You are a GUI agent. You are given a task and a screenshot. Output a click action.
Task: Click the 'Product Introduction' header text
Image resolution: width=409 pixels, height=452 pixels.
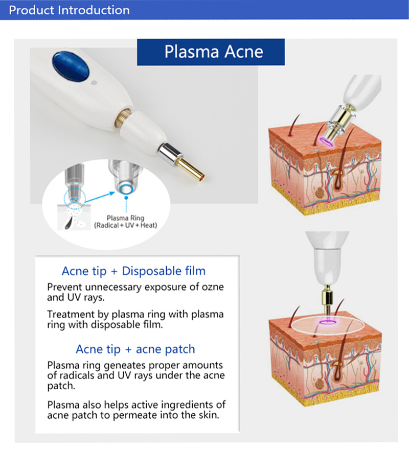(x=69, y=10)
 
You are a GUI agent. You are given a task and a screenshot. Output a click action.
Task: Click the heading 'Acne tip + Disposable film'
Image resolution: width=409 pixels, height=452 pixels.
(x=133, y=271)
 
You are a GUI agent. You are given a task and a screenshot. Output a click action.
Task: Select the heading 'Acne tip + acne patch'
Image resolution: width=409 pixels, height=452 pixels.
(x=135, y=349)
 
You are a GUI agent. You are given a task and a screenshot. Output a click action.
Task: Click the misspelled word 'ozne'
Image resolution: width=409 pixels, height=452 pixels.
(x=211, y=287)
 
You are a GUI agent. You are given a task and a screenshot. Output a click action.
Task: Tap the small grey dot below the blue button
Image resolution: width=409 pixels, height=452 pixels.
(x=93, y=81)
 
